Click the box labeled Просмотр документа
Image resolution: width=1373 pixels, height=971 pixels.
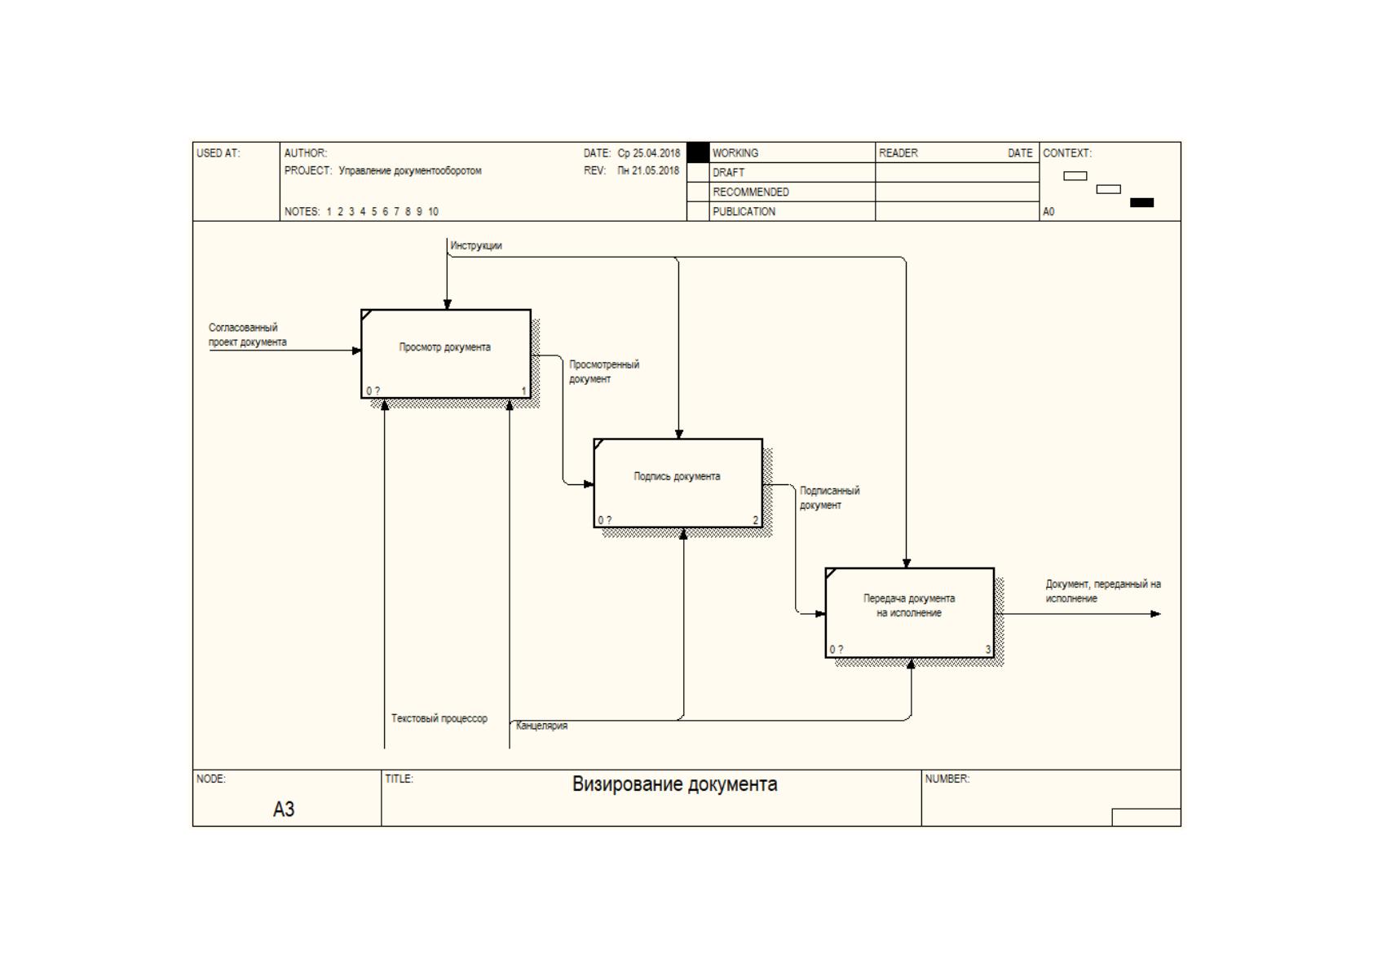tap(446, 354)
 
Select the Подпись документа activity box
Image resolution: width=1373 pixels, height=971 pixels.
tap(678, 483)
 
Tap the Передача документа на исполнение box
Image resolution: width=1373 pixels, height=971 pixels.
tap(910, 612)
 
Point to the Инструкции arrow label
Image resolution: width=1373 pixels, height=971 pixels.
tap(476, 246)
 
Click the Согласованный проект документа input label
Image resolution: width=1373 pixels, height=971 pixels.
tap(247, 335)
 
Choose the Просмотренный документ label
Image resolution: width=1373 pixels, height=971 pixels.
tap(604, 372)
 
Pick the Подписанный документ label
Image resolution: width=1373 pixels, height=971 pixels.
tap(829, 498)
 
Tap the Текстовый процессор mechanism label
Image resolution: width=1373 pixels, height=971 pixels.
tap(439, 717)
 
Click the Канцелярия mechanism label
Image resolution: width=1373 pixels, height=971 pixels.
tap(542, 726)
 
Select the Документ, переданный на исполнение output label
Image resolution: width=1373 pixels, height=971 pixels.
tap(1102, 591)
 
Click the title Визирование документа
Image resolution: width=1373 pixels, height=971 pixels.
tap(674, 784)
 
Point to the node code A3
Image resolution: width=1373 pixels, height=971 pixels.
tap(284, 809)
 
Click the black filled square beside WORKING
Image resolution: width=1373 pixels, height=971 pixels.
tap(698, 152)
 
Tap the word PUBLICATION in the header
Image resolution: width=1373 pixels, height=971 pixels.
tap(744, 211)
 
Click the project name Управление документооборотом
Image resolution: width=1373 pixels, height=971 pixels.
tap(410, 171)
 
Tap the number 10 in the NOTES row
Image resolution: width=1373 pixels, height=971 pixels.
tap(434, 211)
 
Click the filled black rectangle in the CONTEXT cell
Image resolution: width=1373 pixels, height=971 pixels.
tap(1141, 203)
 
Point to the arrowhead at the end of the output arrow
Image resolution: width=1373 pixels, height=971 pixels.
tap(1155, 614)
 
